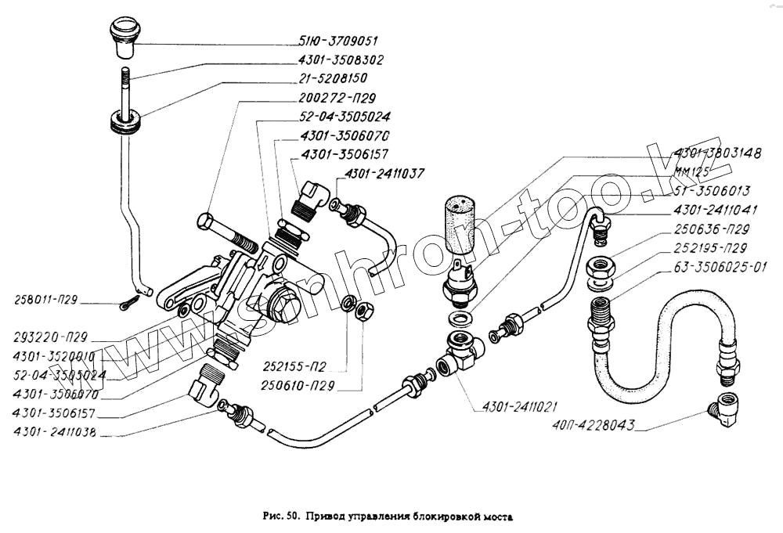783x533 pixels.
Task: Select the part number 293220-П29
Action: [50, 339]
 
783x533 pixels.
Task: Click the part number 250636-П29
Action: [711, 230]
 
